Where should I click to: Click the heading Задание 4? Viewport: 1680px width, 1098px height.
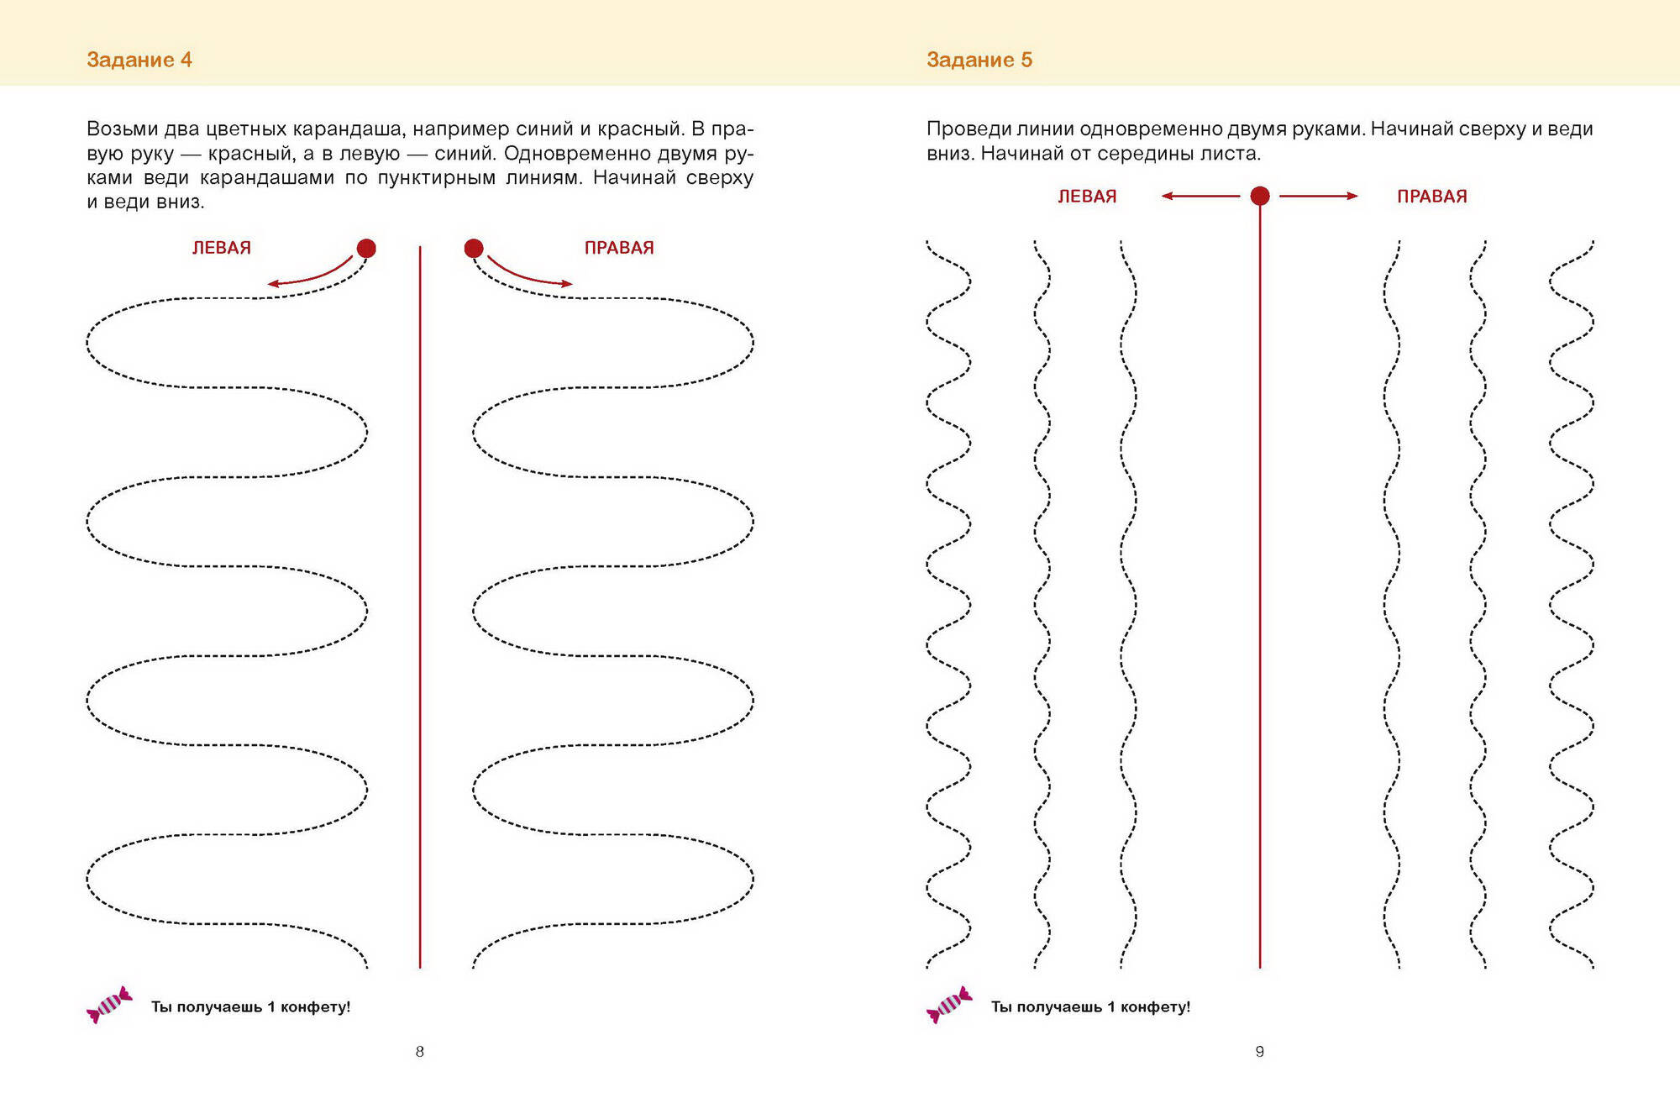[139, 60]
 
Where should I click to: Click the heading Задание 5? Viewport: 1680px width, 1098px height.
[979, 60]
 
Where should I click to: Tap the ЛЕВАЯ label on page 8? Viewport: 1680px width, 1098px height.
[222, 248]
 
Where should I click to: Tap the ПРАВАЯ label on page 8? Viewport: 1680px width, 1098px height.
[619, 248]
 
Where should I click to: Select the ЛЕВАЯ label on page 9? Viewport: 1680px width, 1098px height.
[1087, 197]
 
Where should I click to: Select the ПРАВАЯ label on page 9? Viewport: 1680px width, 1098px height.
[1432, 197]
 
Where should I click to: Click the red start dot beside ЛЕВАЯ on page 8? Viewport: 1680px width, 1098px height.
[366, 248]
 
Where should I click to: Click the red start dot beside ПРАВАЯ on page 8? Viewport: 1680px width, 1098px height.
[474, 248]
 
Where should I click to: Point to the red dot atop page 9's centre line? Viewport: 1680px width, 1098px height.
[1260, 196]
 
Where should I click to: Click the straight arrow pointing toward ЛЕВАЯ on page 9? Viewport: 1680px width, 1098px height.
[1200, 196]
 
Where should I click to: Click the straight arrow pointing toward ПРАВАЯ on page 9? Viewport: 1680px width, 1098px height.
[1319, 196]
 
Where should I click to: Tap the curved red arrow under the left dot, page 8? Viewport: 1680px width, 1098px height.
[310, 275]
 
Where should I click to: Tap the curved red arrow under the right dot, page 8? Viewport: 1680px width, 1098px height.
[530, 275]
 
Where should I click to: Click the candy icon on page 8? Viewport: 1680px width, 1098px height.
[109, 1005]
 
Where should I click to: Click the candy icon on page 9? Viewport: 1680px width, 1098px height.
[949, 1005]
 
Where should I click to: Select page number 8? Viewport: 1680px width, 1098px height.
[420, 1052]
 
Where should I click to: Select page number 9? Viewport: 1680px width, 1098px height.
[1260, 1052]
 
